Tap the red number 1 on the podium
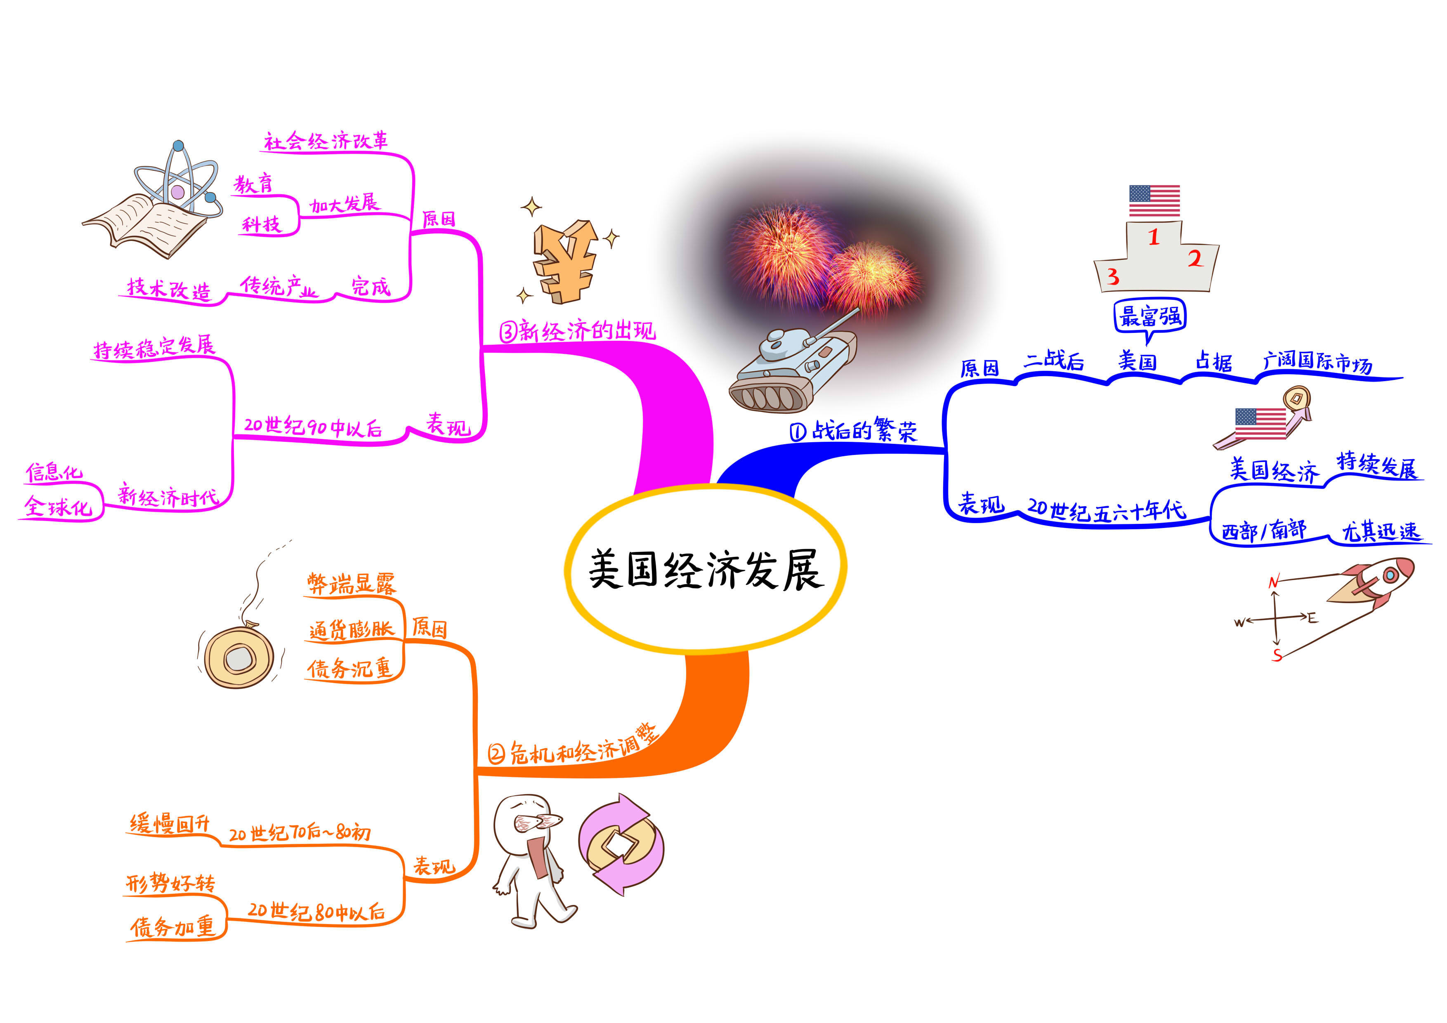pyautogui.click(x=1153, y=238)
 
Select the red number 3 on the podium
pyautogui.click(x=1113, y=276)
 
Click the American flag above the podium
pyautogui.click(x=1154, y=201)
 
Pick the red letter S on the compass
pyautogui.click(x=1277, y=655)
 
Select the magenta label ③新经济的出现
pyautogui.click(x=577, y=331)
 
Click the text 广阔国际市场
pyautogui.click(x=1317, y=362)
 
